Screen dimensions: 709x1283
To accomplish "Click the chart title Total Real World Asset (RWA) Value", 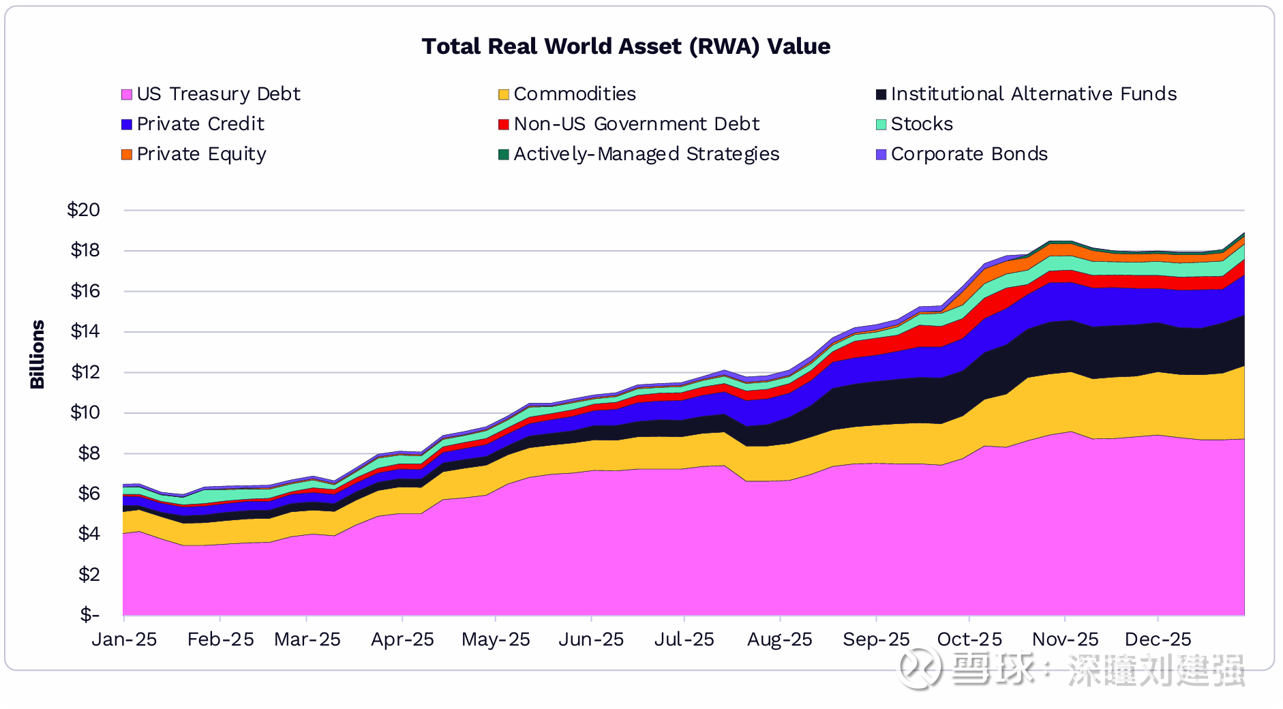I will click(626, 46).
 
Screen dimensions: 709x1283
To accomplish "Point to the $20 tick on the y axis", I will click(83, 210).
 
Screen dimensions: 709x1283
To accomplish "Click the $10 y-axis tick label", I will click(85, 412).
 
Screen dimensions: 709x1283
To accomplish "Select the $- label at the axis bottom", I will click(89, 615).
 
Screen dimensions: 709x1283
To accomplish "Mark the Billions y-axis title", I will click(37, 354).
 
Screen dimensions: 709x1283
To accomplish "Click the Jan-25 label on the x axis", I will click(124, 639).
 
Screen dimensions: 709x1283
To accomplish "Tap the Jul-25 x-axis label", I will click(684, 639).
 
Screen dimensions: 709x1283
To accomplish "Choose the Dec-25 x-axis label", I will click(1158, 639).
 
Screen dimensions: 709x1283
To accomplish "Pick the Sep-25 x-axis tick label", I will click(876, 639).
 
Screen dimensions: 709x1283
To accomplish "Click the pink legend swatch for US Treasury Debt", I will click(127, 94).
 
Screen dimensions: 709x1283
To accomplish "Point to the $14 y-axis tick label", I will click(85, 331).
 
